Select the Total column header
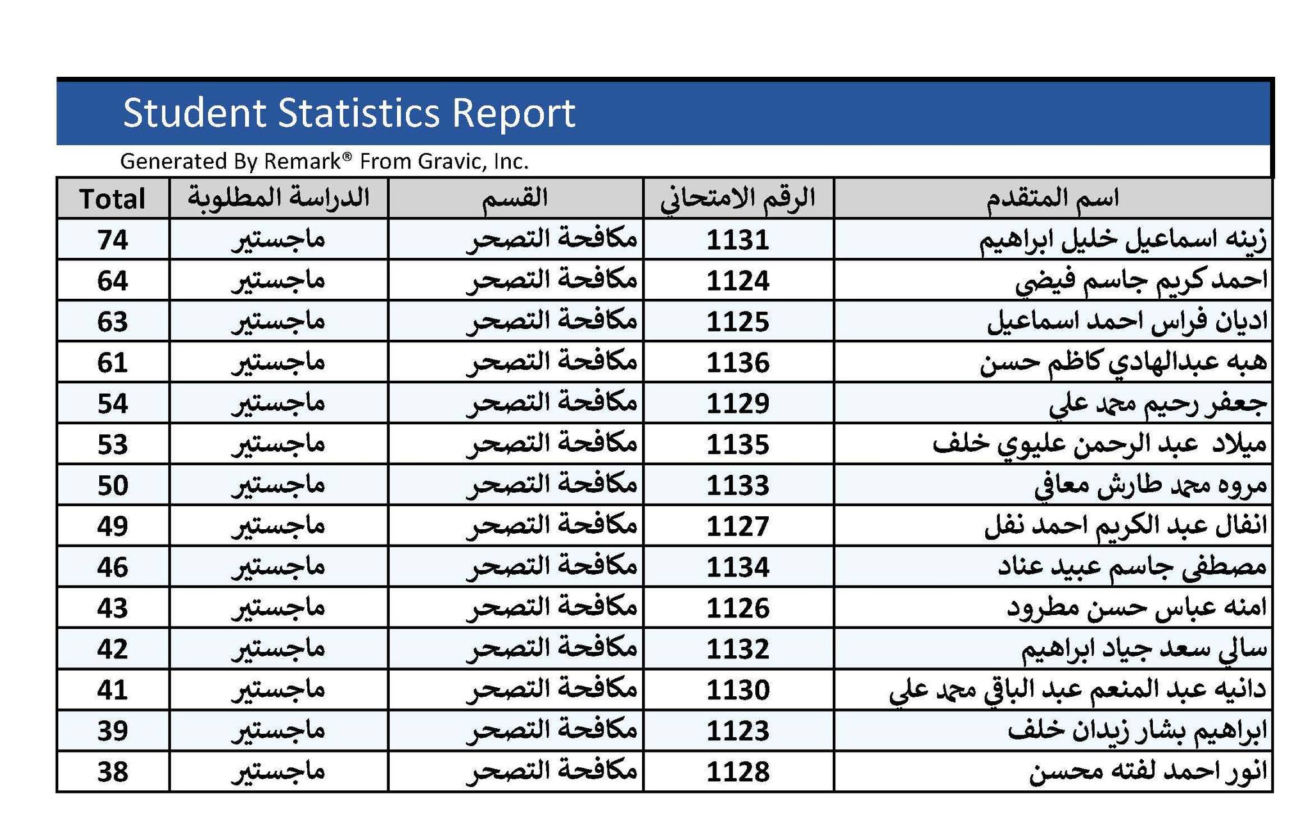113,198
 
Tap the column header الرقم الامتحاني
738,198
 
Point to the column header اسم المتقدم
1052,198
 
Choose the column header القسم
515,198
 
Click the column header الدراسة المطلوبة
278,198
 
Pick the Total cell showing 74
113,239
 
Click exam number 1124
738,280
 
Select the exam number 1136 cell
738,362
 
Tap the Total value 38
113,772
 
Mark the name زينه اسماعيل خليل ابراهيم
1123,239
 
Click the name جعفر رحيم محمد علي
1159,403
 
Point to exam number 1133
738,485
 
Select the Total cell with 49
113,526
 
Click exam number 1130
738,690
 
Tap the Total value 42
113,649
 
